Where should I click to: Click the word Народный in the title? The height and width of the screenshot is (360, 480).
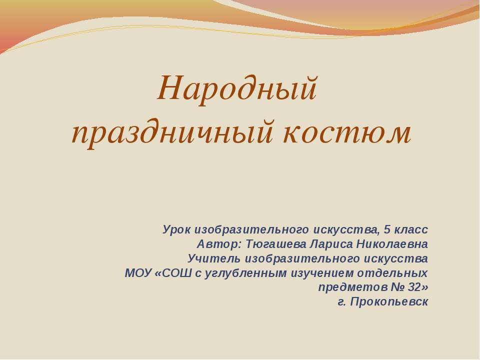(x=237, y=89)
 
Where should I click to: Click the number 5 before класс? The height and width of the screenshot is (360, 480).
(x=387, y=229)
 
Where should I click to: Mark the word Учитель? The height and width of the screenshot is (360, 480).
(x=214, y=258)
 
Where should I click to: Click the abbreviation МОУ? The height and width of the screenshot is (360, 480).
(x=138, y=273)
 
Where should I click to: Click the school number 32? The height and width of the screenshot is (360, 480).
(x=414, y=287)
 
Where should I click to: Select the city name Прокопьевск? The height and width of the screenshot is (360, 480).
(x=389, y=302)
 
